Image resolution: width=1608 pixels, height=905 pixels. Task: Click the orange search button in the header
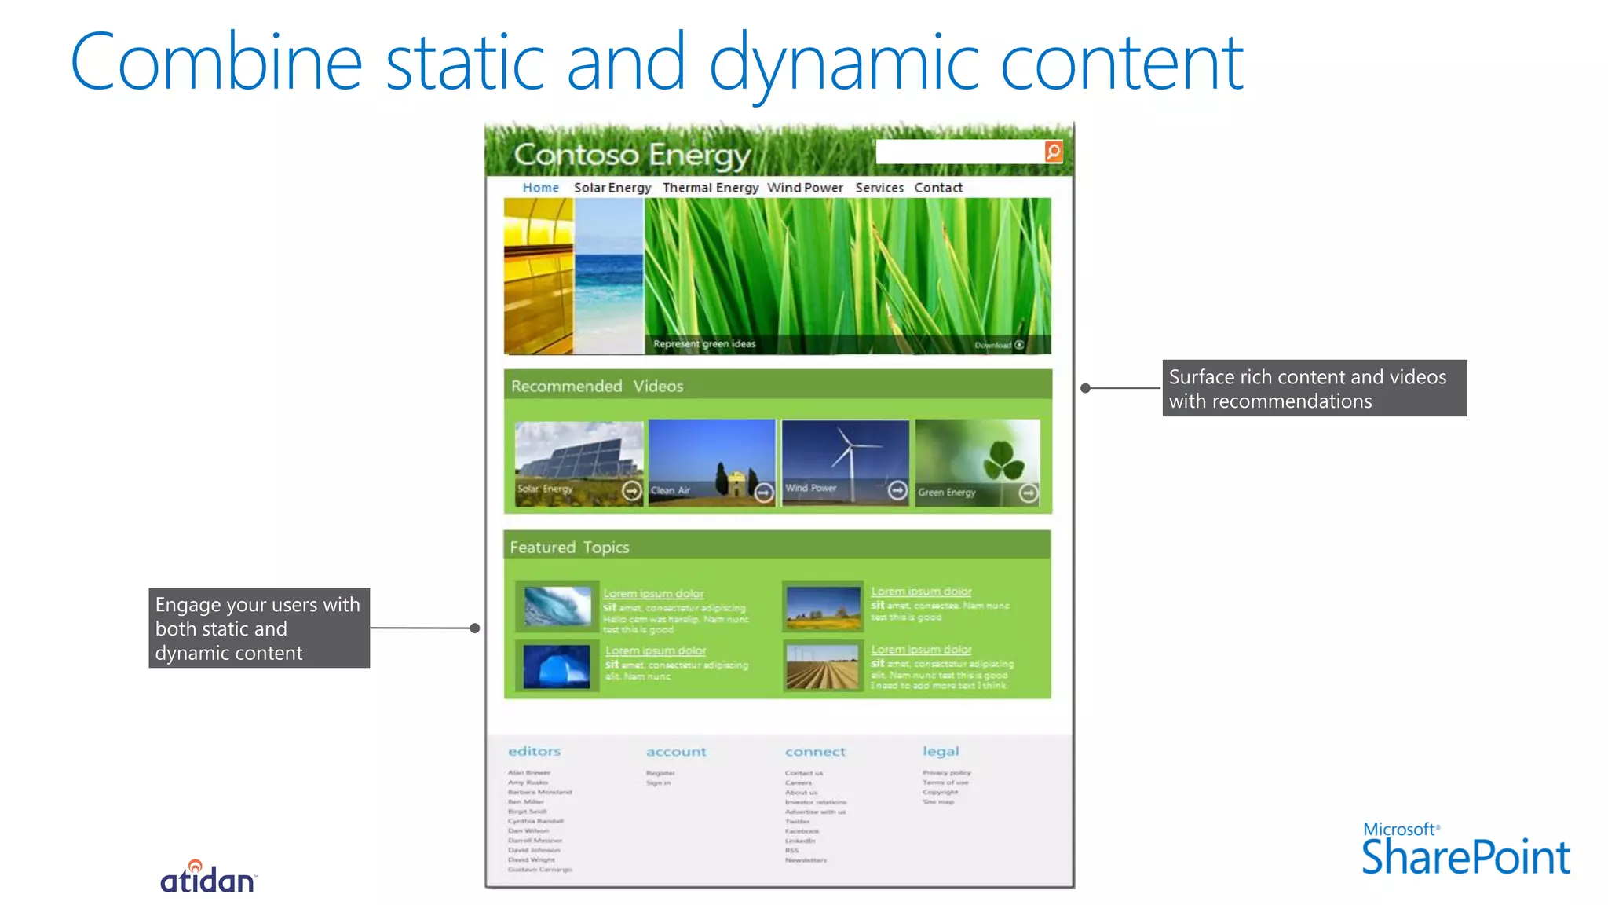(1054, 152)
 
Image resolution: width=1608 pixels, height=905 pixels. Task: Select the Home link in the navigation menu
(540, 188)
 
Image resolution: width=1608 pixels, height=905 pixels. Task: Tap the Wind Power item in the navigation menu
(805, 188)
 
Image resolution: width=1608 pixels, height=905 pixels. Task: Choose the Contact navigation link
(938, 188)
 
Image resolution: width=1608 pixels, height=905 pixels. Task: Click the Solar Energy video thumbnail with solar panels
(579, 462)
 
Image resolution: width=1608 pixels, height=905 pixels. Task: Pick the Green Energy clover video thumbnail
(978, 462)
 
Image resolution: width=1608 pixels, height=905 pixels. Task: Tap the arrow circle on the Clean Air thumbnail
(764, 493)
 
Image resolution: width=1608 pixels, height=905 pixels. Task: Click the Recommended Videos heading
(597, 386)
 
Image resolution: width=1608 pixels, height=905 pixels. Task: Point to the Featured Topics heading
(569, 547)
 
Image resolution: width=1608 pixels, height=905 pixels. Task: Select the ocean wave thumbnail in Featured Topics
(557, 606)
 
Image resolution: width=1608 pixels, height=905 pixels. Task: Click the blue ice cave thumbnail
(557, 666)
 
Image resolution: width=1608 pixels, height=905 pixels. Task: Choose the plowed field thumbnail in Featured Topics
(822, 666)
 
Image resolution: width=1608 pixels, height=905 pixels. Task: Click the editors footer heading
(534, 751)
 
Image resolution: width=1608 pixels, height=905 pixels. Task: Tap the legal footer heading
(941, 751)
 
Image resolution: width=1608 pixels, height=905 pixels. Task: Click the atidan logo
(208, 878)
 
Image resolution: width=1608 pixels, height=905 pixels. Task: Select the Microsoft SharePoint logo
(1465, 850)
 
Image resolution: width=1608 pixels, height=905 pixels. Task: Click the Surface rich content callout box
(1314, 388)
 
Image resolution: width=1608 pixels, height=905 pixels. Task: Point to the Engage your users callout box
(259, 628)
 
